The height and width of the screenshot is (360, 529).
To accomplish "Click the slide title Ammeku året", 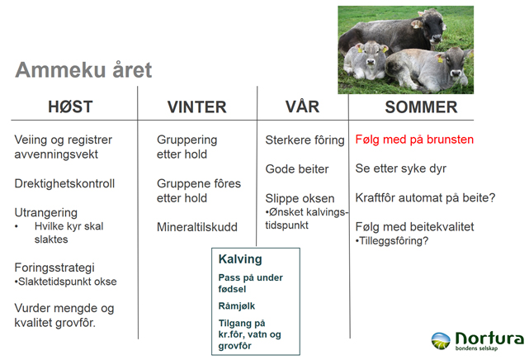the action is [83, 70].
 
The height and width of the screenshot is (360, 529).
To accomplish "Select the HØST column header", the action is [70, 107].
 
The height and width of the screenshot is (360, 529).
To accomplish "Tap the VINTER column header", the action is [197, 107].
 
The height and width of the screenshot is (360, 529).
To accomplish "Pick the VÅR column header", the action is [302, 107].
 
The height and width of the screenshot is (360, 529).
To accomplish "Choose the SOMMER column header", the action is [421, 107].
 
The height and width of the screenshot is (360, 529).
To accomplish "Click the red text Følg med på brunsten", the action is [414, 140].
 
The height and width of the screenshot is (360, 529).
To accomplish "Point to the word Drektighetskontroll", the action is [64, 183].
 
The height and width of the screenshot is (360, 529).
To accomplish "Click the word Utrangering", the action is [46, 213].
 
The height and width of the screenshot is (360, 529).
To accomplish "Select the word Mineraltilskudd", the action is [197, 227].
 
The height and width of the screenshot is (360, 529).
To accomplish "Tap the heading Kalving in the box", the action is [240, 259].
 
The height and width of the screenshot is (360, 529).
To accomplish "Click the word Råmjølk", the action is [237, 306].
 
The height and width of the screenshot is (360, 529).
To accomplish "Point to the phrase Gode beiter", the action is [297, 169].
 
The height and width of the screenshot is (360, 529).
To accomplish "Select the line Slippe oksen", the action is [300, 198].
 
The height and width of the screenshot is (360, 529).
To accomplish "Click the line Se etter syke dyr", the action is [401, 168].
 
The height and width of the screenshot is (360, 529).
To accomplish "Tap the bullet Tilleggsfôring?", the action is [392, 241].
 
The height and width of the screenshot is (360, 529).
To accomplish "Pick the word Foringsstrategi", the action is [54, 268].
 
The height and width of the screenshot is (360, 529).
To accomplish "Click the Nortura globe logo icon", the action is [441, 341].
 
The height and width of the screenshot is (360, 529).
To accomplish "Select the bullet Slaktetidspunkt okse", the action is [65, 282].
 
